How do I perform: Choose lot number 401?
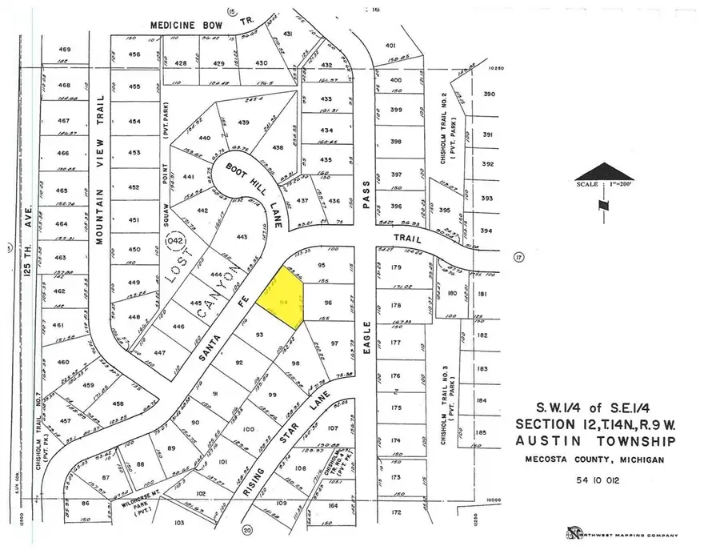[391, 46]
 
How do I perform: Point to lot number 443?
[242, 237]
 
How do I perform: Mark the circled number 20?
[247, 529]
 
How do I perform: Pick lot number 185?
[481, 432]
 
